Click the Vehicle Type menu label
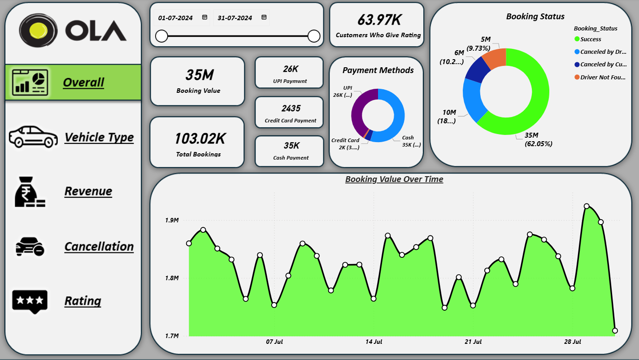click(99, 137)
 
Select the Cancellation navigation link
click(99, 247)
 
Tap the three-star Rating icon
click(30, 300)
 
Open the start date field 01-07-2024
click(176, 18)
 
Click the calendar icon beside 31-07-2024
click(264, 17)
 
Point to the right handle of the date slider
click(314, 36)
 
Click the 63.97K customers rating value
click(379, 20)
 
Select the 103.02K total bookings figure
click(200, 139)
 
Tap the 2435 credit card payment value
click(291, 108)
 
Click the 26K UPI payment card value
click(291, 69)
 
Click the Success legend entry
click(590, 39)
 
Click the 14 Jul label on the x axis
click(374, 342)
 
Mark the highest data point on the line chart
click(587, 206)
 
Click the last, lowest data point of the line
click(615, 330)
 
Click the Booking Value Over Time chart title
click(394, 179)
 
